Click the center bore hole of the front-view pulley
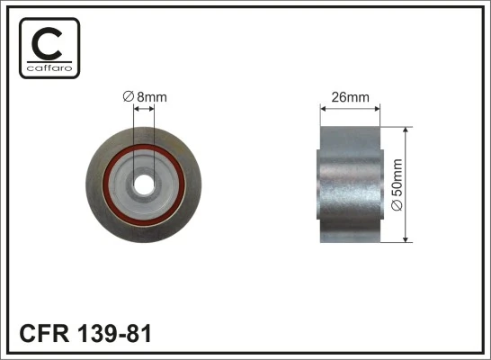pos(144,183)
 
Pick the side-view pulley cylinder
pos(350,184)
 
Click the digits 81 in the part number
pos(138,335)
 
